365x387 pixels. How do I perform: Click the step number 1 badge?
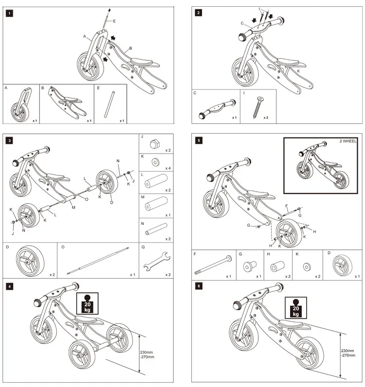(x=10, y=13)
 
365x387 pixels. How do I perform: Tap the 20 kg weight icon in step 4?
(x=88, y=303)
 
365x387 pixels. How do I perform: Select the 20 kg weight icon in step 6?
(x=295, y=307)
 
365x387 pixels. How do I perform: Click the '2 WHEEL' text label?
(x=348, y=141)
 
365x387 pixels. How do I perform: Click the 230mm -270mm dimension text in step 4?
(x=147, y=355)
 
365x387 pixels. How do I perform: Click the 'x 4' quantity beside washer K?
(x=167, y=168)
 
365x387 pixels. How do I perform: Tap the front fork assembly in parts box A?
(x=20, y=104)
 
